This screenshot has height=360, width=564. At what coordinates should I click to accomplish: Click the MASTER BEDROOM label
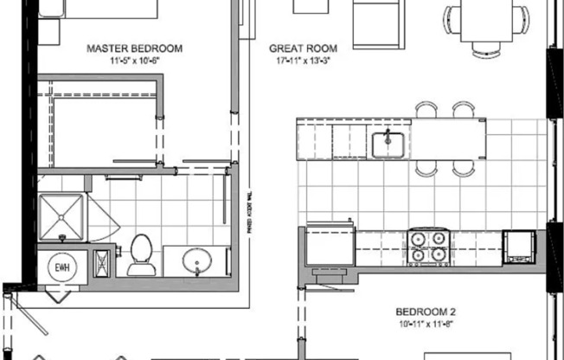click(134, 48)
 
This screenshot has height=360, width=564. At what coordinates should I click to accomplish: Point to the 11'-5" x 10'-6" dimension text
click(134, 61)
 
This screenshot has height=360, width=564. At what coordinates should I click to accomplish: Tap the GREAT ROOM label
click(302, 48)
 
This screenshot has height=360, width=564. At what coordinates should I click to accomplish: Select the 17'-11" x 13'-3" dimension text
click(302, 61)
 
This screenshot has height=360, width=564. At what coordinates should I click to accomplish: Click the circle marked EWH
click(62, 264)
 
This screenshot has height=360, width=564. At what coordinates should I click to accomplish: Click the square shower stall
click(61, 215)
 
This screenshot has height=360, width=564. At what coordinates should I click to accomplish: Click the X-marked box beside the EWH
click(102, 263)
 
